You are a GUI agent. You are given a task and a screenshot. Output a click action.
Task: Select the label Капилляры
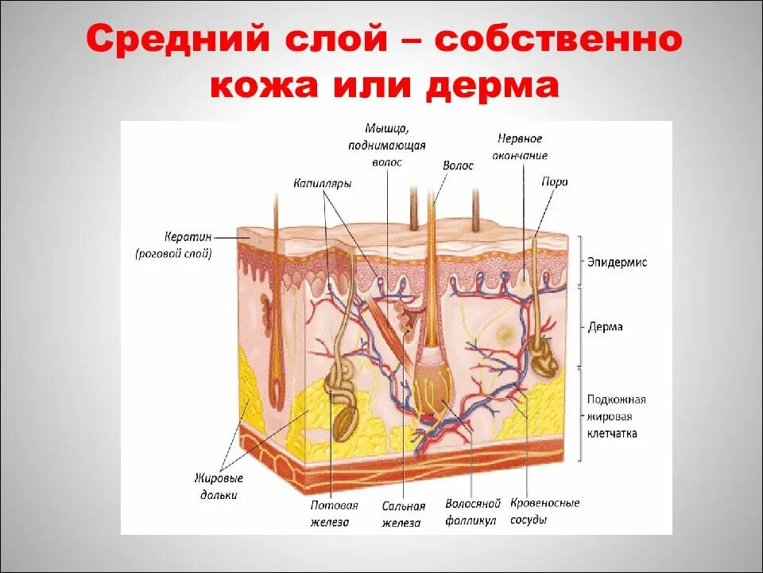coord(322,183)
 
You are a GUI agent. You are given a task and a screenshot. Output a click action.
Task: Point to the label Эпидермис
coord(617,262)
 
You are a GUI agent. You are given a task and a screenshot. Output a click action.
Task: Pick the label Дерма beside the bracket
coord(606,327)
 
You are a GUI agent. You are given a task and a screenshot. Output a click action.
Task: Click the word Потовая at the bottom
coord(334,505)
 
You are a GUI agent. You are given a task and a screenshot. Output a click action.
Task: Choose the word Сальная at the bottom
coord(403,505)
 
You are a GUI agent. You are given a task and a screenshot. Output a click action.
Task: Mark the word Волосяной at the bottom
coord(473,505)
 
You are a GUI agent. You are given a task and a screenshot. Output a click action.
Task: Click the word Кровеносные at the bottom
coord(545,504)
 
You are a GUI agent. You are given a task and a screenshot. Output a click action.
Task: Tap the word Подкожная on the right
coord(616,400)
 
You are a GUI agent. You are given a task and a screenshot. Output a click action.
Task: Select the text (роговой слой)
coord(173,254)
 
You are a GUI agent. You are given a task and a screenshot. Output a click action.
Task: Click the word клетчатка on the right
coord(611,435)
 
